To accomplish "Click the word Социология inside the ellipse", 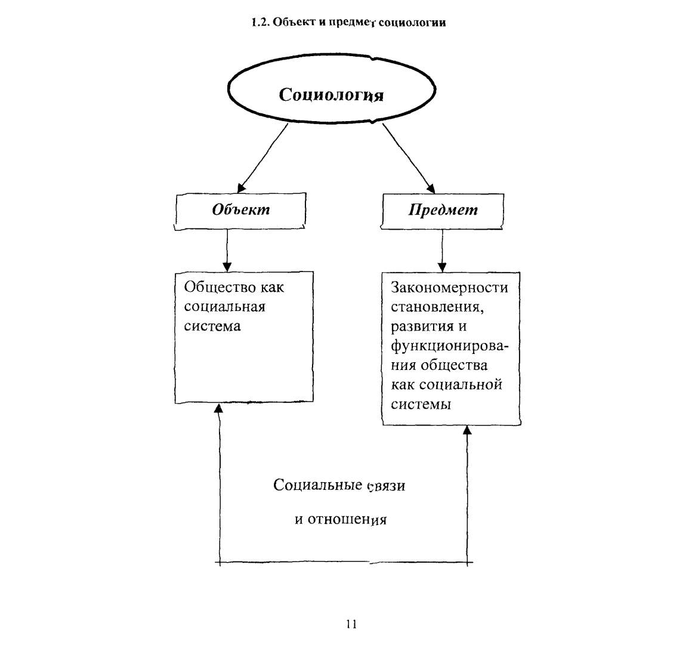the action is point(331,95).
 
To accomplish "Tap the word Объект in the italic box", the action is point(240,209).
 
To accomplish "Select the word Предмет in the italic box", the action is point(443,209).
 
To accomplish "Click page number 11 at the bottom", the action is point(351,624).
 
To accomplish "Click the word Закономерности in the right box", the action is point(449,288).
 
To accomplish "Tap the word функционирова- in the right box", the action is point(449,346).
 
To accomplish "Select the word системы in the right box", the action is point(421,405).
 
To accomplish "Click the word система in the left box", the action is point(212,326).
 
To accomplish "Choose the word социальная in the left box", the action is point(225,307).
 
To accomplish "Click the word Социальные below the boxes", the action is point(318,485).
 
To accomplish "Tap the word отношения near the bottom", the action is point(347,520).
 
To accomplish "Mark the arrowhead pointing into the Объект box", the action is point(241,187).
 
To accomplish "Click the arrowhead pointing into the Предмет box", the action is point(430,187).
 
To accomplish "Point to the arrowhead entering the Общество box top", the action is point(227,266).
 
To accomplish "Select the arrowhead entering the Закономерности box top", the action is point(442,267).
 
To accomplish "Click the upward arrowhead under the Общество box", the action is point(218,408).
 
